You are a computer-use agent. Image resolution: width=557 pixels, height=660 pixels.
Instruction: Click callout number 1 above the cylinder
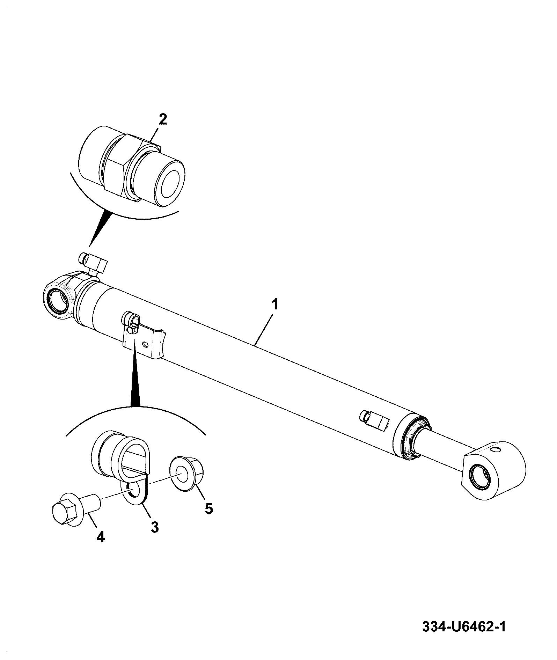click(x=276, y=304)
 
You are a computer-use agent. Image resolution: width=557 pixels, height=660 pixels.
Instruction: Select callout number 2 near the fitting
click(x=163, y=119)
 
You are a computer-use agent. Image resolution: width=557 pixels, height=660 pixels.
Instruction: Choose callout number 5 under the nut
click(x=208, y=508)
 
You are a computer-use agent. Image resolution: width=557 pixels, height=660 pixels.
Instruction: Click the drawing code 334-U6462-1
click(x=464, y=627)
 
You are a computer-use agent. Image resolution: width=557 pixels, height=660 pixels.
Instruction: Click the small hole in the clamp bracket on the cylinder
click(x=145, y=345)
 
